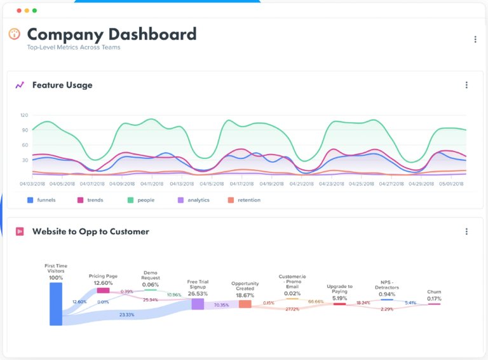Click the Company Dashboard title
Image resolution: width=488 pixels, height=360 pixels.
111,34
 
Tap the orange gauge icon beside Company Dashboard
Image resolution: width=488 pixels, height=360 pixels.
14,34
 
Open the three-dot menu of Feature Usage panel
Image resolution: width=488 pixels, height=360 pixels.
466,85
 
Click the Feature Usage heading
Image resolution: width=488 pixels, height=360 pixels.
62,85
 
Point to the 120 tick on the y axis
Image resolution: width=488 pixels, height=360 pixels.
24,115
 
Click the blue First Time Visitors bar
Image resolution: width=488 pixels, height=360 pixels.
56,304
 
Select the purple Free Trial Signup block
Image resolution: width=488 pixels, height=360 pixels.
198,304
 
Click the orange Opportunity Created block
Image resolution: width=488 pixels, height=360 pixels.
245,304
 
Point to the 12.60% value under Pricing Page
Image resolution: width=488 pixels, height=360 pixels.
103,283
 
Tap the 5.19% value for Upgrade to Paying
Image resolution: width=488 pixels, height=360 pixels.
339,298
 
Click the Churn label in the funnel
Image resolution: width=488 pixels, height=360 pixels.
434,292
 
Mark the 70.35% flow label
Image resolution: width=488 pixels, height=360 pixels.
221,305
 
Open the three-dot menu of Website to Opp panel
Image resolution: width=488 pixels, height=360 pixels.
466,232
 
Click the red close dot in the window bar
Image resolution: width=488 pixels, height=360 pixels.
18,11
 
